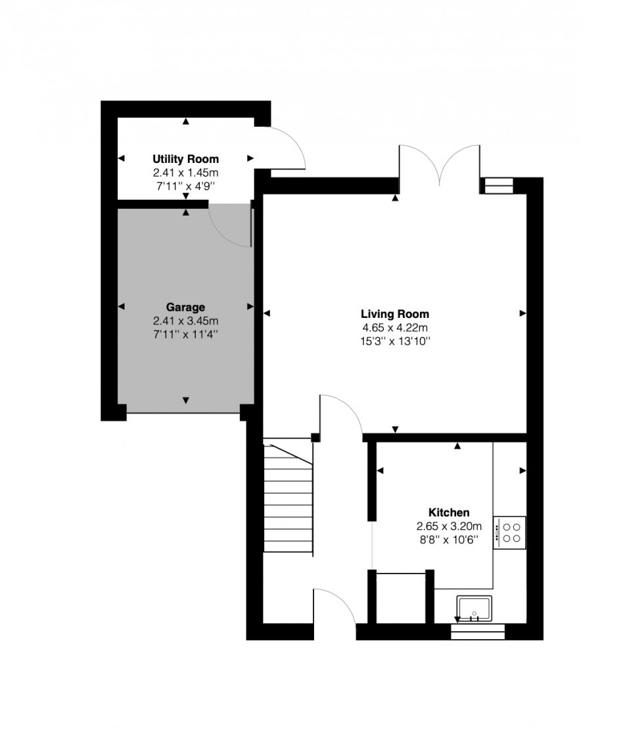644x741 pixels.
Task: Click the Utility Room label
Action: [186, 160]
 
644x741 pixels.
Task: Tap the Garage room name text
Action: [185, 307]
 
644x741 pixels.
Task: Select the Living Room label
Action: [395, 314]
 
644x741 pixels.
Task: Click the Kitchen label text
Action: [449, 513]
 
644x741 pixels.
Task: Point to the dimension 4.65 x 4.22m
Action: [395, 328]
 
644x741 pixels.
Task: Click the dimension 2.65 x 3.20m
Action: [449, 527]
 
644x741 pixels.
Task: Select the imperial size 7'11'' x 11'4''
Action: [185, 334]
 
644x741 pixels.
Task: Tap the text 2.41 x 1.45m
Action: [186, 173]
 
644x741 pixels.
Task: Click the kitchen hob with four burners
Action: [509, 533]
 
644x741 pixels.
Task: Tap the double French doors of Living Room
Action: [441, 164]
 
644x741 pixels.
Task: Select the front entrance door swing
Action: [335, 608]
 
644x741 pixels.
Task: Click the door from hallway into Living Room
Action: [339, 414]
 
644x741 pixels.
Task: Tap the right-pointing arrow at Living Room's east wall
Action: [522, 314]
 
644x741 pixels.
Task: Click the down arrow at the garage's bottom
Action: [185, 401]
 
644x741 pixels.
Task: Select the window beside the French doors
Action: [497, 187]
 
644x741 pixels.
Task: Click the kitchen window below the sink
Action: [478, 632]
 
